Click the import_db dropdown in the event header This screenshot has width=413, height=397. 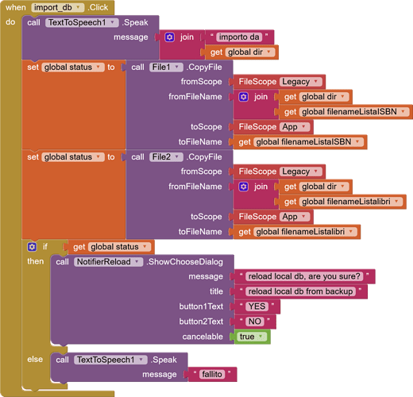(x=57, y=7)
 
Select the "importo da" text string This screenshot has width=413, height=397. (x=239, y=37)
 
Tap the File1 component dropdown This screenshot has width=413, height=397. (x=166, y=67)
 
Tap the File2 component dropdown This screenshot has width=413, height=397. (x=166, y=157)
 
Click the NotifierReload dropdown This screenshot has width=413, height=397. (x=108, y=262)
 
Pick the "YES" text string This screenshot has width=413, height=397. (x=257, y=306)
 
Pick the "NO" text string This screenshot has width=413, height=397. (x=255, y=322)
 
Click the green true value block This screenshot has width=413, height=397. (x=253, y=337)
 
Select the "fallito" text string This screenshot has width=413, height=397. (x=212, y=374)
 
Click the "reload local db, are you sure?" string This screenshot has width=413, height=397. (x=304, y=276)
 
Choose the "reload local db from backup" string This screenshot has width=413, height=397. (x=300, y=291)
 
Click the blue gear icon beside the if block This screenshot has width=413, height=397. (x=32, y=247)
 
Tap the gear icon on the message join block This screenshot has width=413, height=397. (x=169, y=37)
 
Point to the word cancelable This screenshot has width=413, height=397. (x=203, y=337)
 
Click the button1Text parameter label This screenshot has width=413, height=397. (x=201, y=306)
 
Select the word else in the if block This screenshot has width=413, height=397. (x=35, y=360)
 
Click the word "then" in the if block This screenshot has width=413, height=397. (x=36, y=261)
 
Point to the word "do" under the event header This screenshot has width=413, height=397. (x=10, y=22)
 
